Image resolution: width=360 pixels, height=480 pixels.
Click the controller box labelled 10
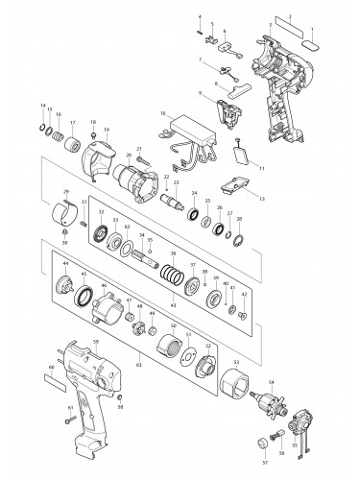point(192,126)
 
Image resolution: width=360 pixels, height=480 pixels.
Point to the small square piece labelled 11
point(243,153)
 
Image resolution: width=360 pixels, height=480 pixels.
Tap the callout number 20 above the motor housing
point(129,155)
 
